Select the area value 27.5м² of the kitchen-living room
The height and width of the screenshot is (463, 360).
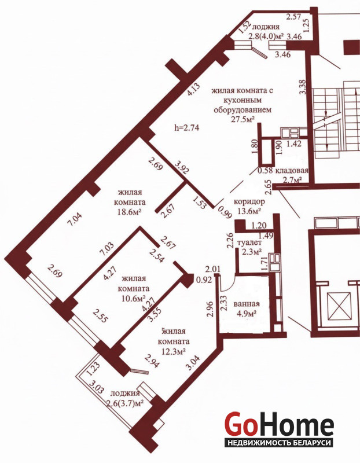click(243, 119)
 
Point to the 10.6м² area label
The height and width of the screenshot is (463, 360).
click(134, 298)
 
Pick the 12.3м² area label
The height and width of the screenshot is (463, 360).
click(174, 352)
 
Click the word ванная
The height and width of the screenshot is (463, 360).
click(247, 304)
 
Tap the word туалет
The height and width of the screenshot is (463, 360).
click(249, 242)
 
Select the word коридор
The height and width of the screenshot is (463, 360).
click(249, 202)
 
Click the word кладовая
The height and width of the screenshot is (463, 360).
click(292, 170)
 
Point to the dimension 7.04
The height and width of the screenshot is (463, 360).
click(75, 220)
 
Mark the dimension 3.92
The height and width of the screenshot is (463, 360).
click(182, 167)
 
